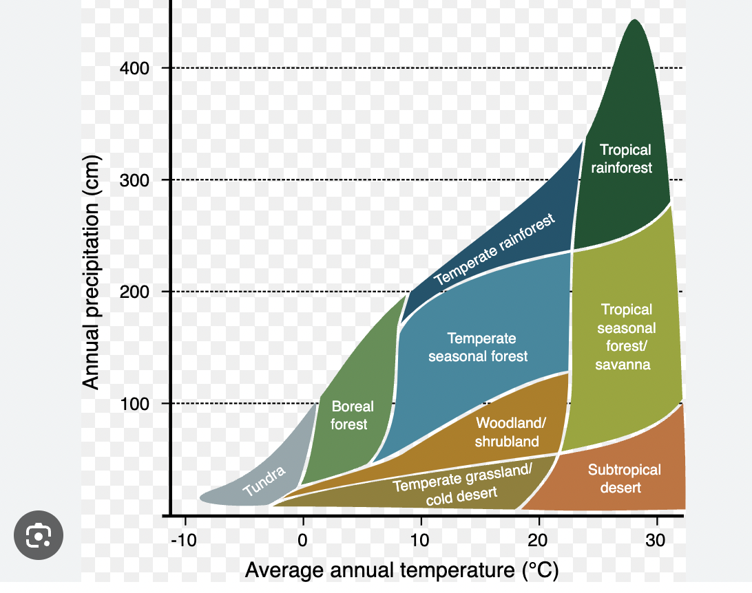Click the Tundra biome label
click(x=264, y=482)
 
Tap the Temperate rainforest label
click(x=494, y=250)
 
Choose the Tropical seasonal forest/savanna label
click(x=625, y=337)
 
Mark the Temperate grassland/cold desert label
click(x=462, y=484)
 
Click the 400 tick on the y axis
click(x=135, y=68)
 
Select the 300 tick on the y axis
click(x=135, y=180)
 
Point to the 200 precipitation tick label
click(x=135, y=292)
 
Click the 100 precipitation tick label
click(x=135, y=403)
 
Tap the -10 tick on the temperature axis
click(x=185, y=541)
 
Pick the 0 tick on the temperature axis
click(x=303, y=541)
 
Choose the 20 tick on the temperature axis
click(x=538, y=541)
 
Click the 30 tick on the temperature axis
click(x=656, y=541)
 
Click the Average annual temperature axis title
click(x=401, y=570)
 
